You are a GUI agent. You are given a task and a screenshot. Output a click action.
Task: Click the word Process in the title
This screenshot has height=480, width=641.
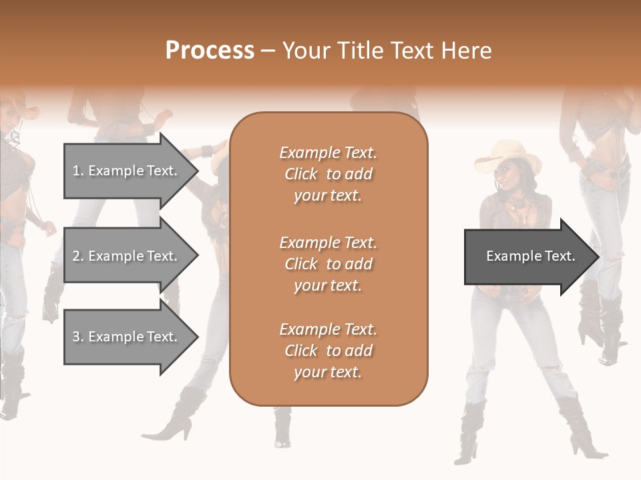click(x=210, y=51)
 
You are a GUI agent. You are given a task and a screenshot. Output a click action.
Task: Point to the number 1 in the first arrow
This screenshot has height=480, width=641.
click(x=76, y=171)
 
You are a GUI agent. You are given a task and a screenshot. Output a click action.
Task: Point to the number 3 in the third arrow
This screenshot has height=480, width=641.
click(x=76, y=337)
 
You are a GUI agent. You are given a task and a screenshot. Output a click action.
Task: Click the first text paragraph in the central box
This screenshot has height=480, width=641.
click(x=328, y=174)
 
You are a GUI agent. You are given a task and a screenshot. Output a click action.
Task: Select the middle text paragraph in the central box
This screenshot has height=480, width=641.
click(x=328, y=264)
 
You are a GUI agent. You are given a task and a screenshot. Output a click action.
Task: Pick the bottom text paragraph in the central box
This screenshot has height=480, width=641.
click(x=328, y=351)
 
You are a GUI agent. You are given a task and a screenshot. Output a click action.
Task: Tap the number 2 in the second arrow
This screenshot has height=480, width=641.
click(x=76, y=256)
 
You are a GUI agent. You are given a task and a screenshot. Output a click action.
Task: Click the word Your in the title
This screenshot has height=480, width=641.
click(x=305, y=51)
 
